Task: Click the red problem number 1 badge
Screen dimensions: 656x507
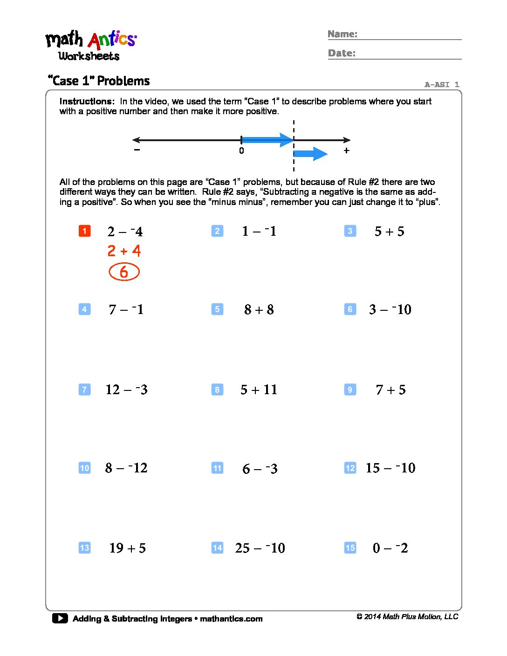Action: pyautogui.click(x=84, y=231)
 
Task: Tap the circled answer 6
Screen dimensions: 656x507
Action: pyautogui.click(x=124, y=272)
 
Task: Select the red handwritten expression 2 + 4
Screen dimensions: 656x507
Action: pyautogui.click(x=124, y=251)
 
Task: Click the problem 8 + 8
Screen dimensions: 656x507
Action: pyautogui.click(x=259, y=310)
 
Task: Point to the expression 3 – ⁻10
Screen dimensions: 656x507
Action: pyautogui.click(x=390, y=310)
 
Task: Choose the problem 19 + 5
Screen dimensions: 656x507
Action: pyautogui.click(x=127, y=548)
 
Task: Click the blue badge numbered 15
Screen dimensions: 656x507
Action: pyautogui.click(x=350, y=548)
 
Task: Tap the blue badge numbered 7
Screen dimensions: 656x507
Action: pyautogui.click(x=84, y=389)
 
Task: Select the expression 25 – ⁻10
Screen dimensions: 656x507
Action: pyautogui.click(x=260, y=548)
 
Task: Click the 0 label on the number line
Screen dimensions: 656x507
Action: pyautogui.click(x=241, y=150)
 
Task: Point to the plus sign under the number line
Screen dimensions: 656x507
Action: pyautogui.click(x=346, y=150)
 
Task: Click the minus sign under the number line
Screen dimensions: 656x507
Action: pyautogui.click(x=137, y=150)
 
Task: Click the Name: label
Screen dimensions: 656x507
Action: pyautogui.click(x=343, y=34)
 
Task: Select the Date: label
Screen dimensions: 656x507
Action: pyautogui.click(x=342, y=53)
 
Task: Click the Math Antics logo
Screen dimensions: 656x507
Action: pyautogui.click(x=91, y=46)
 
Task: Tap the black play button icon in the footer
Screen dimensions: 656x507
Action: pyautogui.click(x=60, y=618)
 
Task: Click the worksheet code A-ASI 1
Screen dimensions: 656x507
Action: pyautogui.click(x=442, y=84)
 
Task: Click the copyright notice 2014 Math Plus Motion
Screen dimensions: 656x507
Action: pyautogui.click(x=407, y=617)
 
